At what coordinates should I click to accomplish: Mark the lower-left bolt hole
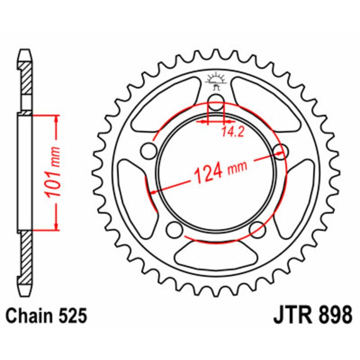[x=172, y=230]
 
